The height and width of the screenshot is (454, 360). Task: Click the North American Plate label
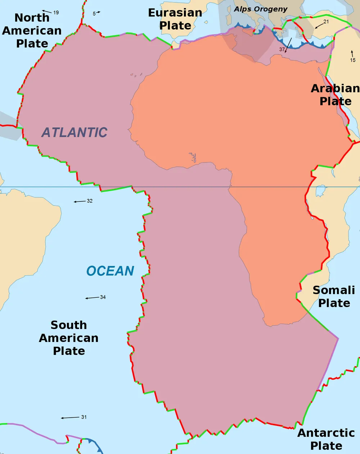coord(32,31)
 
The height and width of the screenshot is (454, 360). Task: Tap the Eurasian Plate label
coord(175,19)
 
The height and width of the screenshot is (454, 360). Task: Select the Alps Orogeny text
coord(261,9)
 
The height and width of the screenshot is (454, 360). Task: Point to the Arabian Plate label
coord(335,95)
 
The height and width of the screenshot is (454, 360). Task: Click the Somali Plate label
coord(334,297)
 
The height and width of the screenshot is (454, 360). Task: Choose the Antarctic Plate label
coord(326,439)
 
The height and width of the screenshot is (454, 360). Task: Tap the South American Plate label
coord(69,338)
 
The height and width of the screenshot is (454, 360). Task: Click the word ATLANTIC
coord(75,133)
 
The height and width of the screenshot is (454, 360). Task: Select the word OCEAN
coord(110,271)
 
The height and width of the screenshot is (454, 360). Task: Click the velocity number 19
coord(56,13)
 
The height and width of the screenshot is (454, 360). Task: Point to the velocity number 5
coord(94,14)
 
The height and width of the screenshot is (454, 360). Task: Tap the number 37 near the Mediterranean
coord(282,49)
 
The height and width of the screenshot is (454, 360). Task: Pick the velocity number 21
coord(326,22)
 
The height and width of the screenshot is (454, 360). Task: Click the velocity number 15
coord(353,60)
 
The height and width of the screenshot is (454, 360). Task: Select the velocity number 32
coord(90,201)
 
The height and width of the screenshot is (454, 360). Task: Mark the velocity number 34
coord(103,297)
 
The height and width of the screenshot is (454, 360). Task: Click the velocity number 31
coord(84,417)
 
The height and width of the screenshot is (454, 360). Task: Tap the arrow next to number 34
coord(92,298)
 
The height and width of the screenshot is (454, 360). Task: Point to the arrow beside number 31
coord(70,418)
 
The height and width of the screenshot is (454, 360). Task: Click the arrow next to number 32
coord(80,201)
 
